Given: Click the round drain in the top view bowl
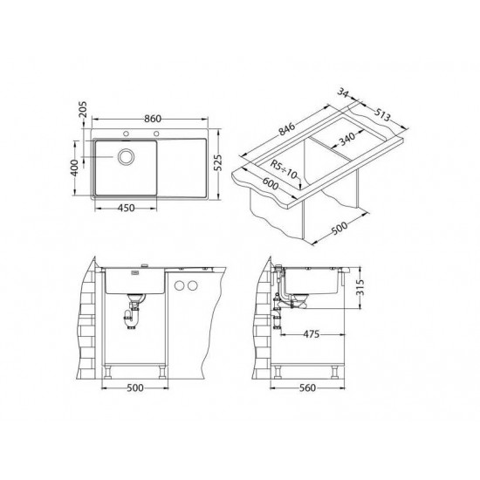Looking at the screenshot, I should point(126,158).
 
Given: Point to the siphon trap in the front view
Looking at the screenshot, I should point(133,313).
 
